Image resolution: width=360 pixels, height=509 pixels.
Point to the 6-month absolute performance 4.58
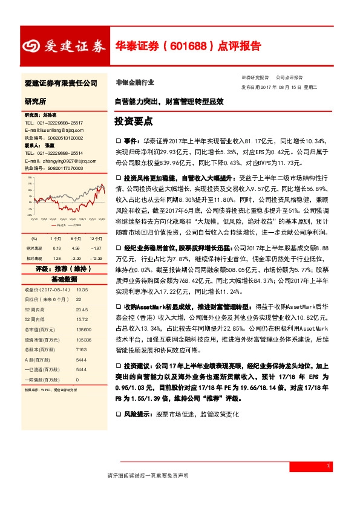click(x=75, y=248)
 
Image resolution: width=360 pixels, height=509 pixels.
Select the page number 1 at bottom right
click(x=327, y=466)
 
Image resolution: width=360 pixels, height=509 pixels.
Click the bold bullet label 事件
click(x=129, y=139)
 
